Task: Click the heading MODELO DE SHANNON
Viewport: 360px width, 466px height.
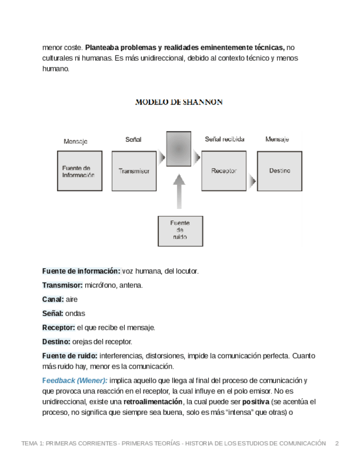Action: click(x=179, y=102)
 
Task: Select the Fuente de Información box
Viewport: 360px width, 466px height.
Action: click(x=79, y=171)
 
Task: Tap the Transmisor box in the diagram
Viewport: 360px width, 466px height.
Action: click(x=134, y=171)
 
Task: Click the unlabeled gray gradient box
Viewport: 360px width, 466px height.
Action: click(x=179, y=148)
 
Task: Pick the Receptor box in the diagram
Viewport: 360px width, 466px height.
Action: click(x=224, y=171)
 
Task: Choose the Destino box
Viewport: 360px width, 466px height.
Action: click(x=279, y=171)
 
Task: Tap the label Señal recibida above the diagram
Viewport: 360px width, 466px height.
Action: click(x=224, y=140)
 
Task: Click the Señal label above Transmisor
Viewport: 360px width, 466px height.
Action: click(x=133, y=140)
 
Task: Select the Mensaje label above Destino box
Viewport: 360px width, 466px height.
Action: click(x=277, y=140)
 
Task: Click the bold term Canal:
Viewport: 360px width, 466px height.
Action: click(x=53, y=299)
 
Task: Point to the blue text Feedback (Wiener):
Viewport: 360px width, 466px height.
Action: click(x=75, y=380)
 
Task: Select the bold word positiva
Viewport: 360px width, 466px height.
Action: click(x=256, y=402)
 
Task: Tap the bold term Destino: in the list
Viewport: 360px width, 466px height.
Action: click(x=57, y=341)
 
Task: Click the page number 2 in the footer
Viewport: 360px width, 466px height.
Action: click(x=337, y=443)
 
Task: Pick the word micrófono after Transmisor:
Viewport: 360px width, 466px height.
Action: click(x=99, y=285)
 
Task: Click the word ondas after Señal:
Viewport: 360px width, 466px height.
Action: click(x=75, y=313)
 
